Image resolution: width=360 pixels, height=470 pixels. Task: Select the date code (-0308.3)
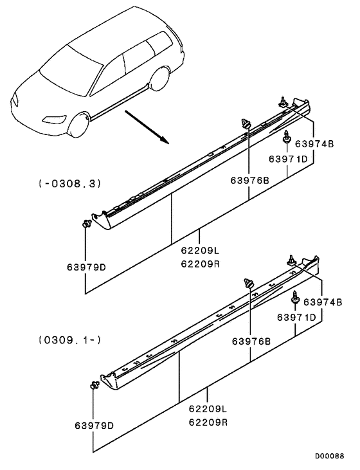pos(66,184)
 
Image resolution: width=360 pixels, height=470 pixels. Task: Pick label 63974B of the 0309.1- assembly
pos(322,302)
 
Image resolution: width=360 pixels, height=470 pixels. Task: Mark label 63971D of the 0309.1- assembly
pos(296,317)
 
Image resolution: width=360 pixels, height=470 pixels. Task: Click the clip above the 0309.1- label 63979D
pos(94,386)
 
